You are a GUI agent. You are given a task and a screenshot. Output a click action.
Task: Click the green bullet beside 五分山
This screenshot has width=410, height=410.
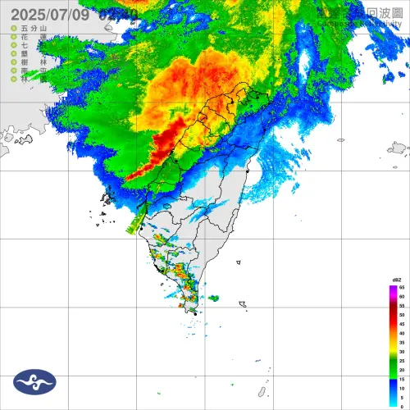[x=13, y=30]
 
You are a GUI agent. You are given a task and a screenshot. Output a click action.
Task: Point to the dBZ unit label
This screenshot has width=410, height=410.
[x=396, y=281]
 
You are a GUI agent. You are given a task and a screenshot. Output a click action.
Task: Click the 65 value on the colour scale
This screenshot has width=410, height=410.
[x=402, y=288]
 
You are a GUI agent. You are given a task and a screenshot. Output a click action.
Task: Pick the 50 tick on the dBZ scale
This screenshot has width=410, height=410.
[x=402, y=314]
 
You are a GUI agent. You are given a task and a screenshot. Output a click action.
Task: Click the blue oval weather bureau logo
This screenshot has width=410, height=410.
[x=34, y=381]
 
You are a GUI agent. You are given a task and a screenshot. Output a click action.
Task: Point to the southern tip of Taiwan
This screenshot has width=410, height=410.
[x=195, y=312]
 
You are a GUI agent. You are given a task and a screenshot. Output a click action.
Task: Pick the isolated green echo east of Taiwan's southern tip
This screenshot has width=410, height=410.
[x=214, y=298]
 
